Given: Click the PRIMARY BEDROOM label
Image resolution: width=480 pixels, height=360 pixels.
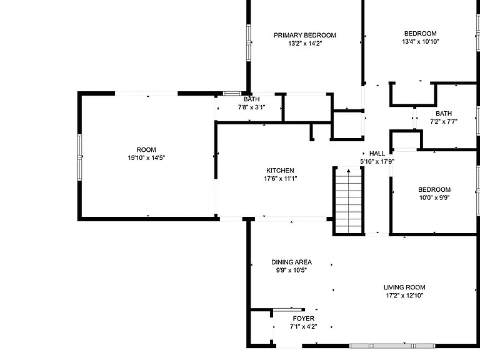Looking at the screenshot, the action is pos(304,35).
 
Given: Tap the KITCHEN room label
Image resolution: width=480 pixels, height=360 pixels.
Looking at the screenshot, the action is pos(280,171).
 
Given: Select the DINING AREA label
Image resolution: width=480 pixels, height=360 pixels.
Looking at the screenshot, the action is pos(291,262).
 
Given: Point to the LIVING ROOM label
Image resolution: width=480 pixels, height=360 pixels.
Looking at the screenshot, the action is pos(404,287).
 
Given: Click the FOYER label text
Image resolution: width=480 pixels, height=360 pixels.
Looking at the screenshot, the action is pos(303,318).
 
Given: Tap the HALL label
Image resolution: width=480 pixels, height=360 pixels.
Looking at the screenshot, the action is pos(377,153).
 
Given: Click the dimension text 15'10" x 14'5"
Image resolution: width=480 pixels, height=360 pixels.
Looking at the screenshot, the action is pos(146,157).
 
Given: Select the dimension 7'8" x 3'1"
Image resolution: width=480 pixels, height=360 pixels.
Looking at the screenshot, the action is pos(251,107).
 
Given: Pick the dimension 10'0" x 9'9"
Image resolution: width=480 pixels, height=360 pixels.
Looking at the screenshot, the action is pos(434,197).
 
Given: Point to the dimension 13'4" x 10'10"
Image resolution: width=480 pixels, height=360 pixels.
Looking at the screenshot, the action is pos(420,41).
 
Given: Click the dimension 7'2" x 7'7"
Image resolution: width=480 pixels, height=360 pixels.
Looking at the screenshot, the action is pos(444,121).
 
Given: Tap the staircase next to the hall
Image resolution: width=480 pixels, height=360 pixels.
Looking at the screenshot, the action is pos(348,201).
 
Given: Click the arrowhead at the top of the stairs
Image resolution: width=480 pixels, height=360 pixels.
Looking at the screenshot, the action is pos(348,171).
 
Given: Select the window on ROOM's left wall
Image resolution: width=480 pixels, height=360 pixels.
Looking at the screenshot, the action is pos(79,157).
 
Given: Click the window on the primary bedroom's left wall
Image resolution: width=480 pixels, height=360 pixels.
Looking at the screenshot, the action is pos(249,43).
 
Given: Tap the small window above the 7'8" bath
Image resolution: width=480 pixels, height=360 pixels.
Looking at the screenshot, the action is pos(232,93).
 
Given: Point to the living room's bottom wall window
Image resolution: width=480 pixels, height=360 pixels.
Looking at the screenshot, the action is pos(392,346).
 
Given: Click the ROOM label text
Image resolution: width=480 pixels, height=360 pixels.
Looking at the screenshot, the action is pos(146,150).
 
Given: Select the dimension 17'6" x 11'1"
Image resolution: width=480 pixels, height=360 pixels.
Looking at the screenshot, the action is pos(281,179).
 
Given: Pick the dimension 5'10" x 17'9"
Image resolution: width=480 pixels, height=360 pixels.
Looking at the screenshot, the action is pos(377,161).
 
